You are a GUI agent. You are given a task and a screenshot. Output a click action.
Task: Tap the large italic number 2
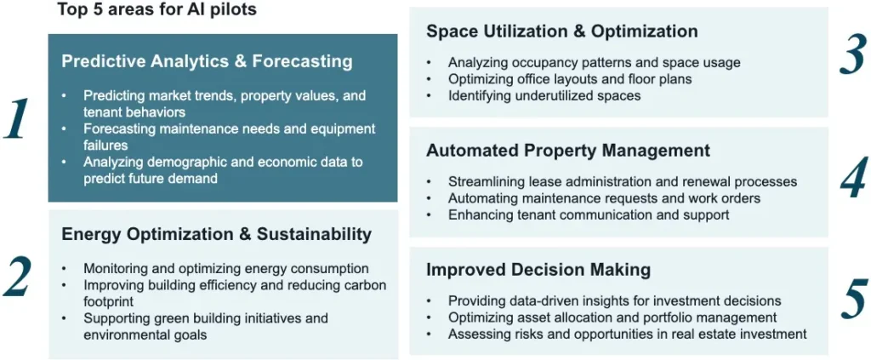coord(16,276)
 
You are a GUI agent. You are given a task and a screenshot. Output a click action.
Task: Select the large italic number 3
coord(852,54)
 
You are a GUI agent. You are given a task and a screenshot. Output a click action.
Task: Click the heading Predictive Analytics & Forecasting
coord(207,61)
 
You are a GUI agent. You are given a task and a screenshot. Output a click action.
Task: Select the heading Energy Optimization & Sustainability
coord(216,234)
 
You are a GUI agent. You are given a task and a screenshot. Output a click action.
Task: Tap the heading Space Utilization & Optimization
coord(562,31)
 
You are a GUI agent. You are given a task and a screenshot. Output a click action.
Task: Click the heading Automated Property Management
coord(568,151)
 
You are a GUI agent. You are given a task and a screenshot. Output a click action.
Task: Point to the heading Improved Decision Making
coord(538,270)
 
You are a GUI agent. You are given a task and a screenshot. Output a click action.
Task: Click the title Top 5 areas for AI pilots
coord(157,10)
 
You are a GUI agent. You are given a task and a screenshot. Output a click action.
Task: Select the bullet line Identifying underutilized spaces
coord(544,95)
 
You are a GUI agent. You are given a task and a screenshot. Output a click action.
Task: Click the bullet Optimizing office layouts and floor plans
coord(570,79)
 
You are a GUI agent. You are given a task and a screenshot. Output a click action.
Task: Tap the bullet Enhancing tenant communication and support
coord(589,214)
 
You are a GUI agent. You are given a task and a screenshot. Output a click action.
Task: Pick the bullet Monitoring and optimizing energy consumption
coord(226,268)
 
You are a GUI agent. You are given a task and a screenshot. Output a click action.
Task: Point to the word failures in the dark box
coord(106,146)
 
